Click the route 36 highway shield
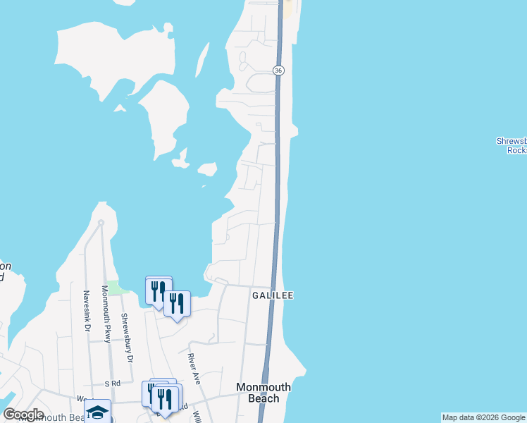279,70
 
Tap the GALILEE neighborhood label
272,296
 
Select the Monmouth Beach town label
263,393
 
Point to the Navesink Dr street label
87,310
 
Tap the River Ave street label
194,368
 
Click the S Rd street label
113,384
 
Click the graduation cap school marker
97,411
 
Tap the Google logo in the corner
23,415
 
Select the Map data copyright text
483,417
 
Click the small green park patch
118,288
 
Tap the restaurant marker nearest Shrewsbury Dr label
157,290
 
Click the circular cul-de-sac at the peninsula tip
101,223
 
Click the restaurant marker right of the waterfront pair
177,303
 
